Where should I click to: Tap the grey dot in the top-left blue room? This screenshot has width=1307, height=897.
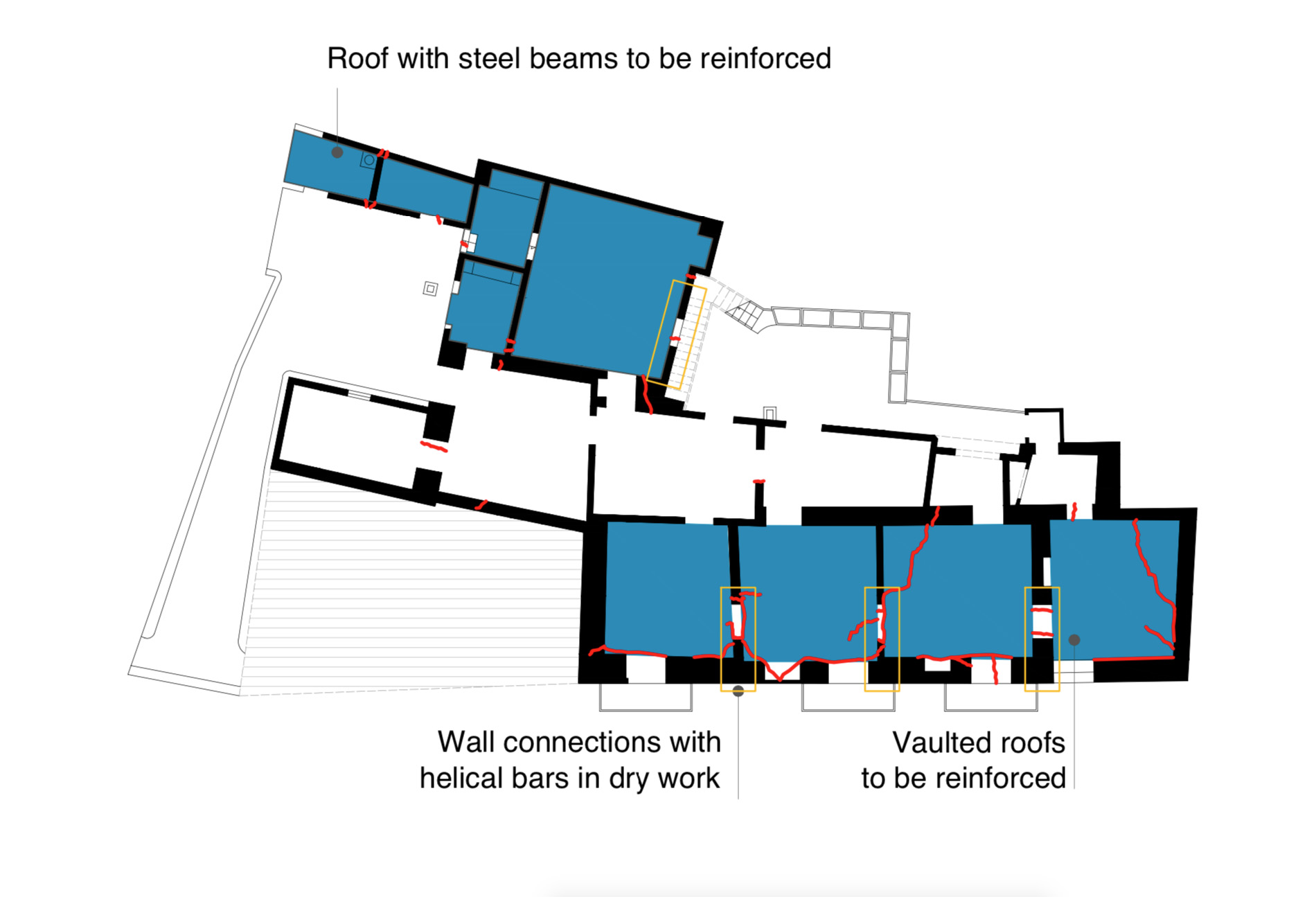click(x=337, y=152)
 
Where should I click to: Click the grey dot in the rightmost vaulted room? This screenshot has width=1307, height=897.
click(x=1074, y=640)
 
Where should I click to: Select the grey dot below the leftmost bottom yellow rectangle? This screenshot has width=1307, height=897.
click(x=738, y=691)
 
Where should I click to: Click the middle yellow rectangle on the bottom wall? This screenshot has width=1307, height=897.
click(x=866, y=639)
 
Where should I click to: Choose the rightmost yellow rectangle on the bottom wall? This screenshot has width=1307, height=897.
click(x=1026, y=639)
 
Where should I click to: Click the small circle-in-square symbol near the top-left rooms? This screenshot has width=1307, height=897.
click(x=369, y=161)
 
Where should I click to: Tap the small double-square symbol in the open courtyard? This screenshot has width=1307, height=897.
click(x=430, y=288)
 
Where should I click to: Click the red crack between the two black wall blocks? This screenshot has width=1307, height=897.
click(x=434, y=447)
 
